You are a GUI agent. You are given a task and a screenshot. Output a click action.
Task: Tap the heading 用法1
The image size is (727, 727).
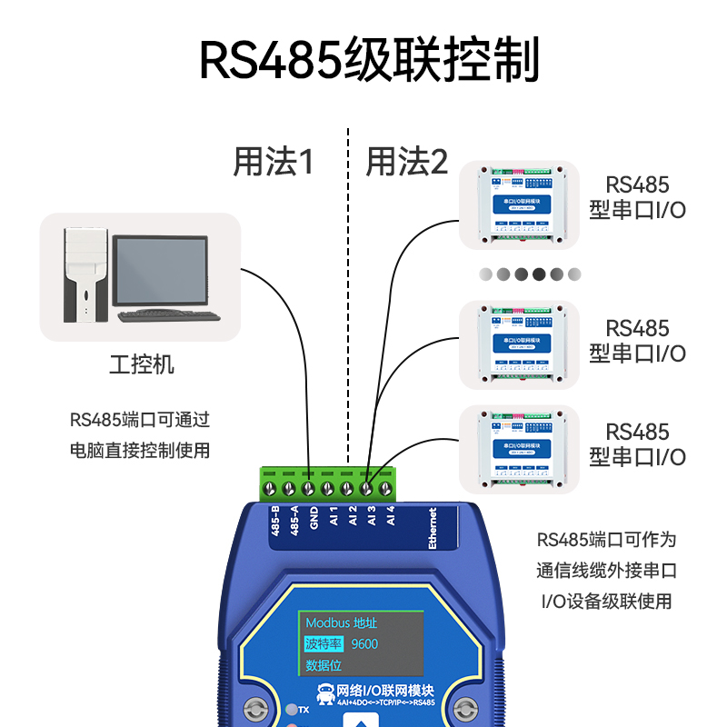(x=273, y=163)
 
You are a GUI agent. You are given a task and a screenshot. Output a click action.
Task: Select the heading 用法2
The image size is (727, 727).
(x=407, y=163)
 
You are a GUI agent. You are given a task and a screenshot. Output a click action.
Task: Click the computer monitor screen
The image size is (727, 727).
(x=160, y=272)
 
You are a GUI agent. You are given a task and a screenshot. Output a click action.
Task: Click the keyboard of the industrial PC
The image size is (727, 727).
(x=169, y=316)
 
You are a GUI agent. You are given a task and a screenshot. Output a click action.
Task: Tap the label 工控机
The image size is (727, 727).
(x=141, y=365)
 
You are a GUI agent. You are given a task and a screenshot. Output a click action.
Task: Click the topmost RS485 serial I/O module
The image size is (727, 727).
(x=518, y=206)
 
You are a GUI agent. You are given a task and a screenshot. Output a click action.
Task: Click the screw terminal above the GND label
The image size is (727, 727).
(x=309, y=489)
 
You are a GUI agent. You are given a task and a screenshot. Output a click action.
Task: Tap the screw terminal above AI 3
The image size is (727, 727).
(x=368, y=489)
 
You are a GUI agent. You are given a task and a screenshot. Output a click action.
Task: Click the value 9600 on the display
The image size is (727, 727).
(x=364, y=644)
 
